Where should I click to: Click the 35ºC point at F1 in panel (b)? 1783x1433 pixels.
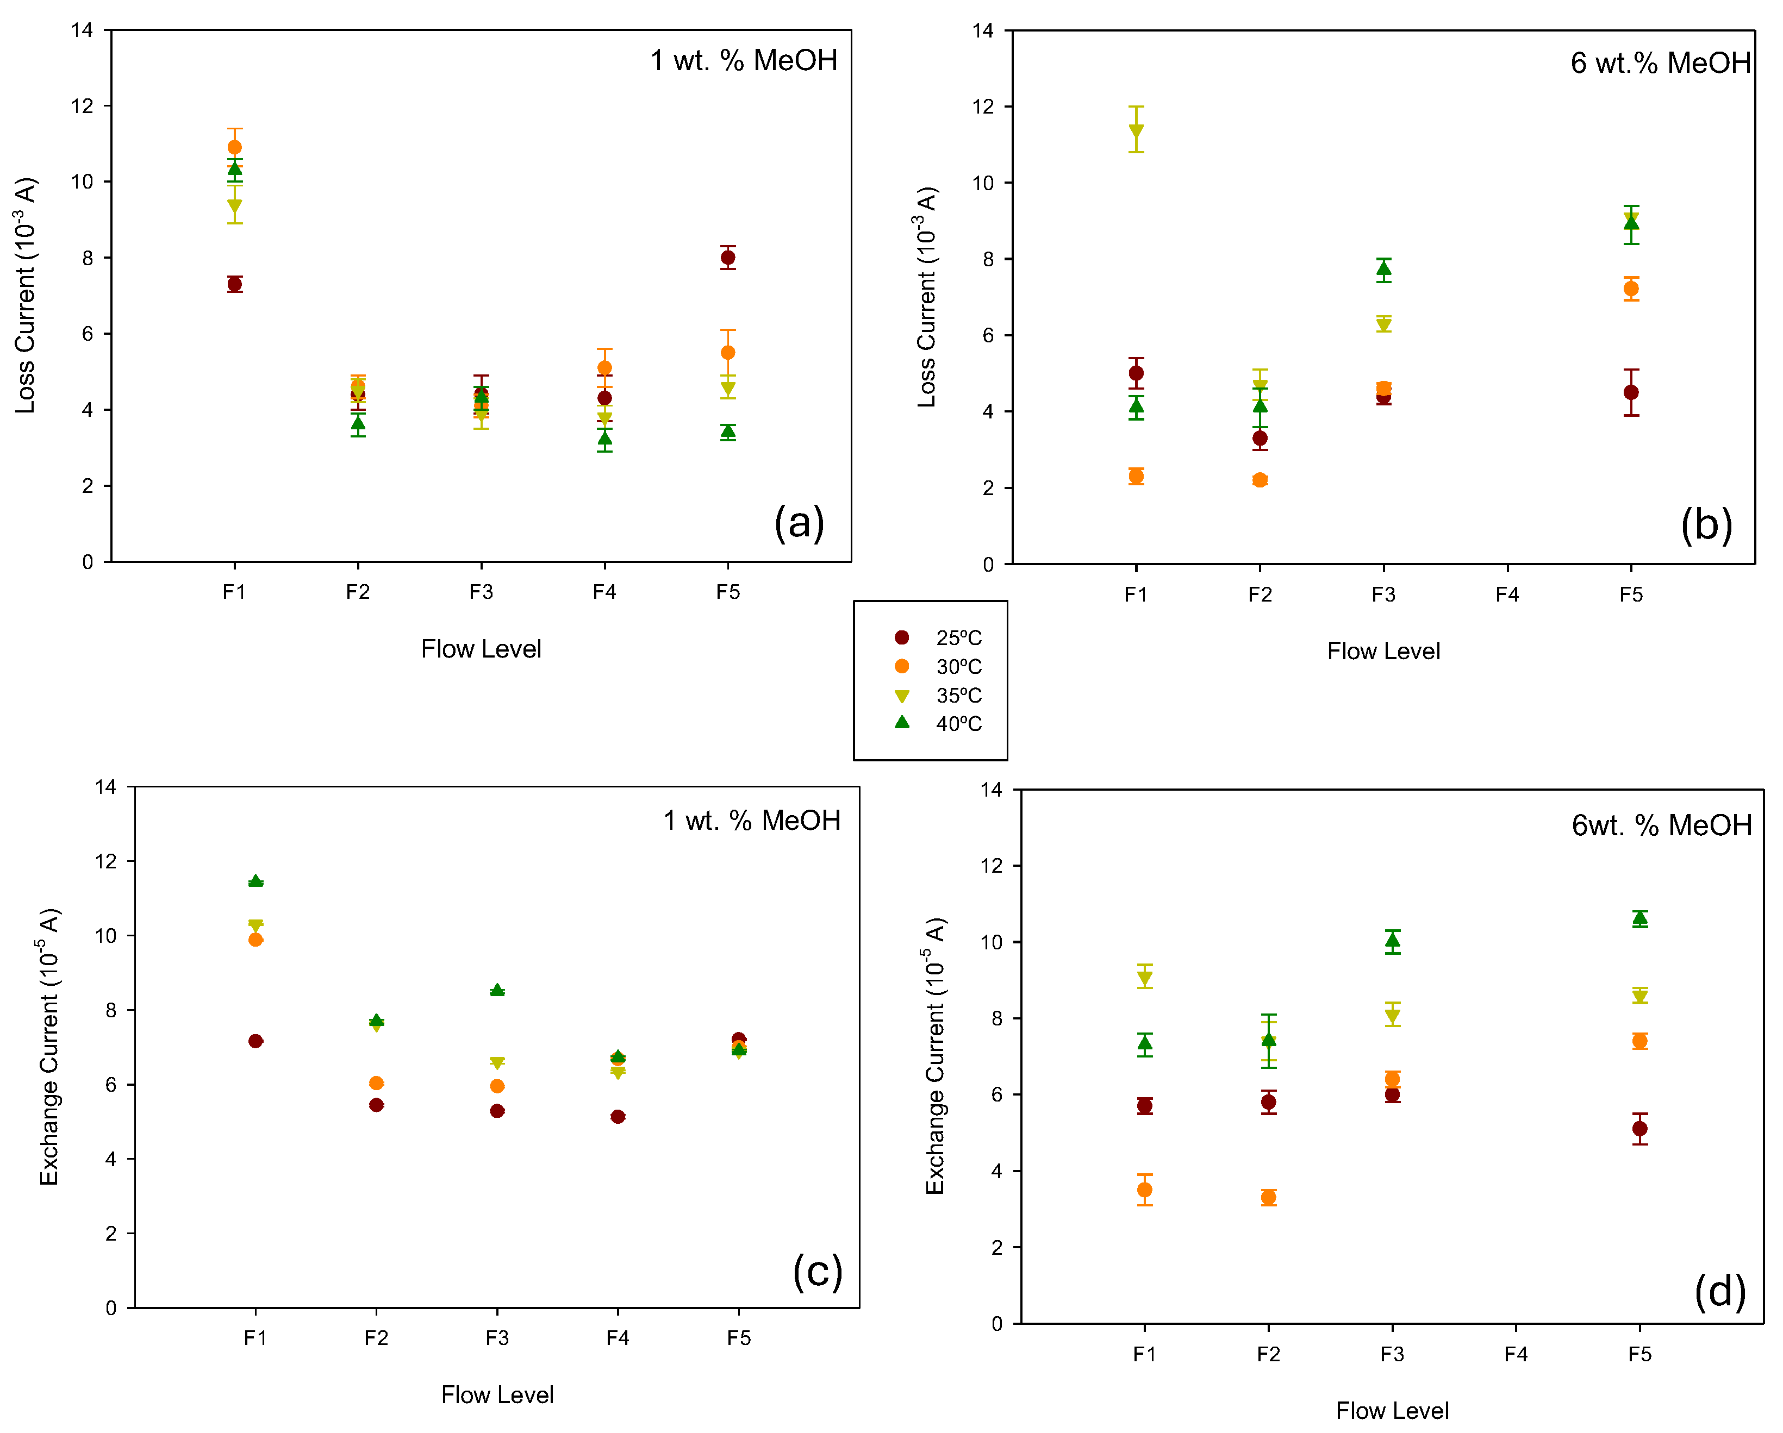pyautogui.click(x=1136, y=130)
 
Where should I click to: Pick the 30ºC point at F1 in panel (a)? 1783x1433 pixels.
pyautogui.click(x=235, y=147)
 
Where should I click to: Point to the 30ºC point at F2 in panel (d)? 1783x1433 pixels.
pyautogui.click(x=1269, y=1197)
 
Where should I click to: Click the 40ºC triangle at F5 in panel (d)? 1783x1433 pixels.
pyautogui.click(x=1640, y=918)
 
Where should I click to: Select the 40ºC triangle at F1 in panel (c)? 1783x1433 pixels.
pyautogui.click(x=255, y=881)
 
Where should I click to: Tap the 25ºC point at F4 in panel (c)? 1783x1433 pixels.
pyautogui.click(x=618, y=1116)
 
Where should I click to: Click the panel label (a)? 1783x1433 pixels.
pyautogui.click(x=799, y=523)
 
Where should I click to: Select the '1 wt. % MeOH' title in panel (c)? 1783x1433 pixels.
pyautogui.click(x=752, y=820)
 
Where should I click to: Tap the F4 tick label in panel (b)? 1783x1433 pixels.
pyautogui.click(x=1507, y=595)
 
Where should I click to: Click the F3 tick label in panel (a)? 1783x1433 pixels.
pyautogui.click(x=481, y=592)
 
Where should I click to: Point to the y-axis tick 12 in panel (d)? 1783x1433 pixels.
pyautogui.click(x=991, y=866)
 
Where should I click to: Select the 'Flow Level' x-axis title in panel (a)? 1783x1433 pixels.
pyautogui.click(x=481, y=649)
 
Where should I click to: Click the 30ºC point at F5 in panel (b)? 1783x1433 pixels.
pyautogui.click(x=1631, y=289)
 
